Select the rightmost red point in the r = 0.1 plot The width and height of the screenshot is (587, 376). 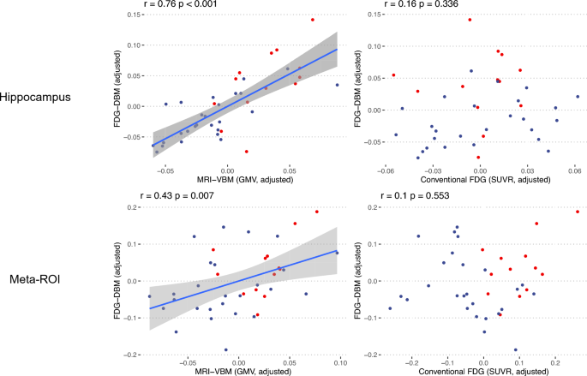577,212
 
